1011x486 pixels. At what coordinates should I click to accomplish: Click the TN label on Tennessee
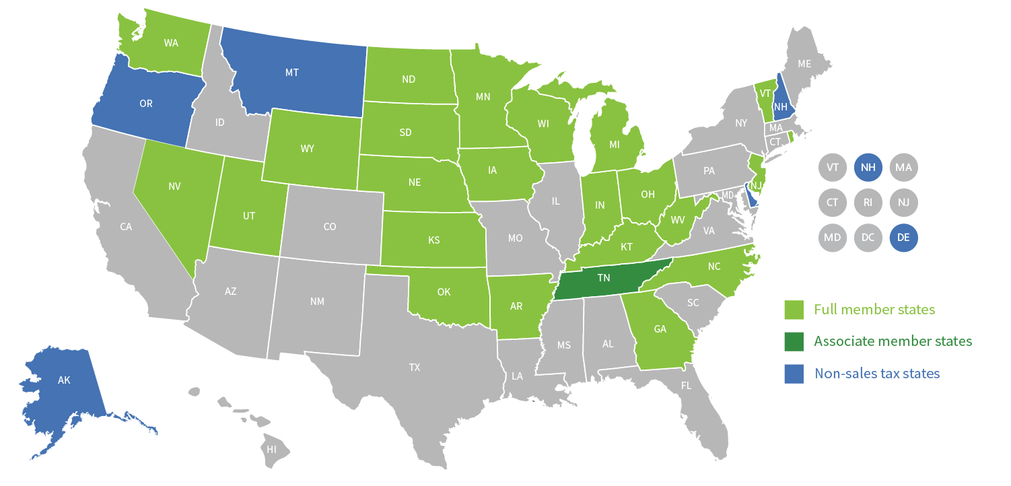point(603,278)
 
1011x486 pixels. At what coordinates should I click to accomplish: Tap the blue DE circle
point(903,237)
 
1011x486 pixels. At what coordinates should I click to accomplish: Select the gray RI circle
point(868,201)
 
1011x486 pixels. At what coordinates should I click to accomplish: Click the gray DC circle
point(868,237)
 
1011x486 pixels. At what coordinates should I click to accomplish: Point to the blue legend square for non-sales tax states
point(794,374)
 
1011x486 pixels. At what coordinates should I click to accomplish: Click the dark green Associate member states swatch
point(794,341)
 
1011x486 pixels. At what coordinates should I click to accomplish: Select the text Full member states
point(874,310)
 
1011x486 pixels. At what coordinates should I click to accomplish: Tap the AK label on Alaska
point(64,380)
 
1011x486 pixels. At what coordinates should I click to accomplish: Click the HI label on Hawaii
point(271,449)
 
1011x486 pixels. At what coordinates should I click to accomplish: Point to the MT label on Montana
point(291,72)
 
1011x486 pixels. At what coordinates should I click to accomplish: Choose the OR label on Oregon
point(146,104)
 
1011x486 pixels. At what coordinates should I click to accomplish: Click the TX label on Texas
point(415,368)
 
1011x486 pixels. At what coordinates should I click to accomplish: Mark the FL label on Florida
point(686,386)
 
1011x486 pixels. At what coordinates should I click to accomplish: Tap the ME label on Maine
point(804,64)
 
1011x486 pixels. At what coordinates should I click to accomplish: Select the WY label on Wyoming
point(308,149)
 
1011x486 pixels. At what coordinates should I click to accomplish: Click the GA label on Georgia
point(660,330)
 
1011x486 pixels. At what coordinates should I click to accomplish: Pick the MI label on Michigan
point(614,145)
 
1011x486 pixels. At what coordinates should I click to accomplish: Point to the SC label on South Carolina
point(693,303)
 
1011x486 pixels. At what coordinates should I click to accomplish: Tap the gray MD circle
point(833,237)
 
